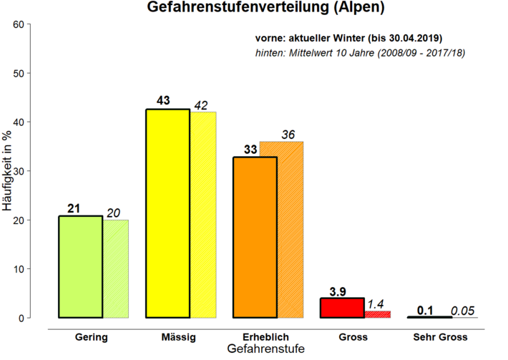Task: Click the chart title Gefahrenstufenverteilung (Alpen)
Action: pos(265,9)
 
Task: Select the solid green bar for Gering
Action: pos(79,266)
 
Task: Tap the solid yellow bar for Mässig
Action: pos(167,213)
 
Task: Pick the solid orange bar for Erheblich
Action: pos(255,237)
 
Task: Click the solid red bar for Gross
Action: pos(342,308)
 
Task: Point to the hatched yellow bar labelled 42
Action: pos(202,215)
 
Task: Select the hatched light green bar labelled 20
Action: pos(115,268)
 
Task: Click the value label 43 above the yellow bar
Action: pos(162,100)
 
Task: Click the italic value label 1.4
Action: pos(376,305)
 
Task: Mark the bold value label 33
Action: pos(250,149)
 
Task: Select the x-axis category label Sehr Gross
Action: pos(440,336)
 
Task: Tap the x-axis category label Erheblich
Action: pos(265,336)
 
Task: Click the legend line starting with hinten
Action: pos(361,53)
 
